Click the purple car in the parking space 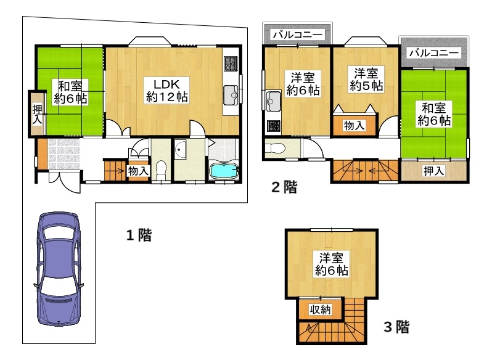coord(57,269)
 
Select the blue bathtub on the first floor coord(223,171)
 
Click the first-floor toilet coord(161,169)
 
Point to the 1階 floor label coord(139,235)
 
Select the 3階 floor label coord(396,327)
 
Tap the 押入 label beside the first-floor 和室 coord(37,115)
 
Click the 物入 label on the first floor coord(137,171)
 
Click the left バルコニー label coord(297,35)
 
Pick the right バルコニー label coord(434,54)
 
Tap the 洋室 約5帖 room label coord(366,80)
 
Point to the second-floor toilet coord(275,149)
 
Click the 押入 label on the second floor coord(433,171)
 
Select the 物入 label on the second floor coord(354,126)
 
